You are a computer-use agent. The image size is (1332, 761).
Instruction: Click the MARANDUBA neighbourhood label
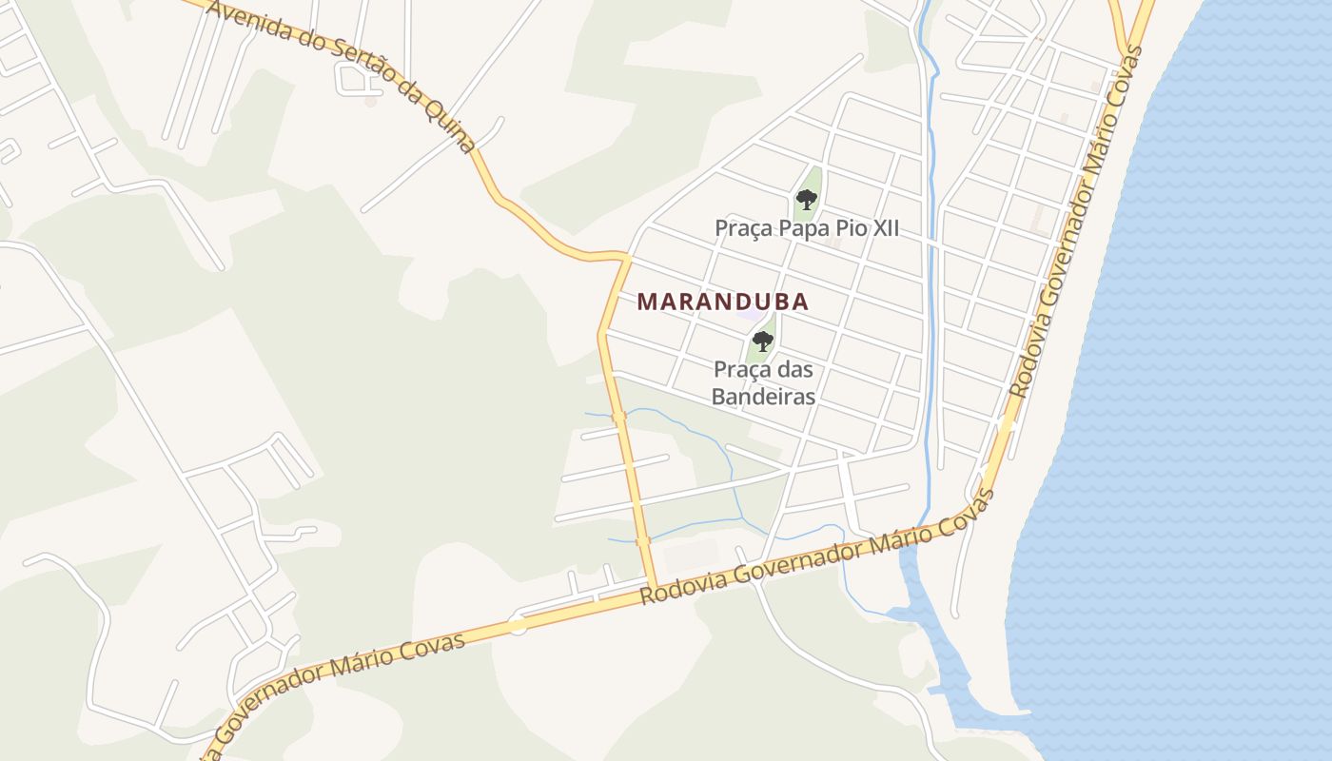coord(723,302)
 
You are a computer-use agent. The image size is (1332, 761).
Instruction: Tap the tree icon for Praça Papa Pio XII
coord(807,200)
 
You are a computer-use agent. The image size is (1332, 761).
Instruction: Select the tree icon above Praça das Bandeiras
coord(762,341)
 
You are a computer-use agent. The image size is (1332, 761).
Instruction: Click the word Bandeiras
coord(763,396)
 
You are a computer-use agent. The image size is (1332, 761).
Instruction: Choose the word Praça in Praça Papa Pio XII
coord(744,229)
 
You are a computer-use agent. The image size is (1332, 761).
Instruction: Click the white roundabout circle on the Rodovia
coord(518,625)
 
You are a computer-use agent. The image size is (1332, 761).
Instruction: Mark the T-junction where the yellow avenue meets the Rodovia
coord(654,586)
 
